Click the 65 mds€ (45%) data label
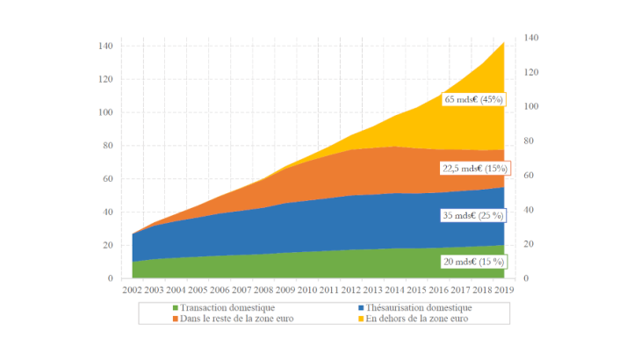[x=474, y=100]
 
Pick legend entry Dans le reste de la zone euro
[x=220, y=319]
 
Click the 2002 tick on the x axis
[x=133, y=290]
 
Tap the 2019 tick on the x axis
[x=504, y=290]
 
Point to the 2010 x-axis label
[x=307, y=290]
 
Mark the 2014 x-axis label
[x=394, y=290]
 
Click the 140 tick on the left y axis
[x=105, y=46]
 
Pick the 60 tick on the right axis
[x=527, y=176]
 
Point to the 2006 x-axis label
[x=220, y=290]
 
